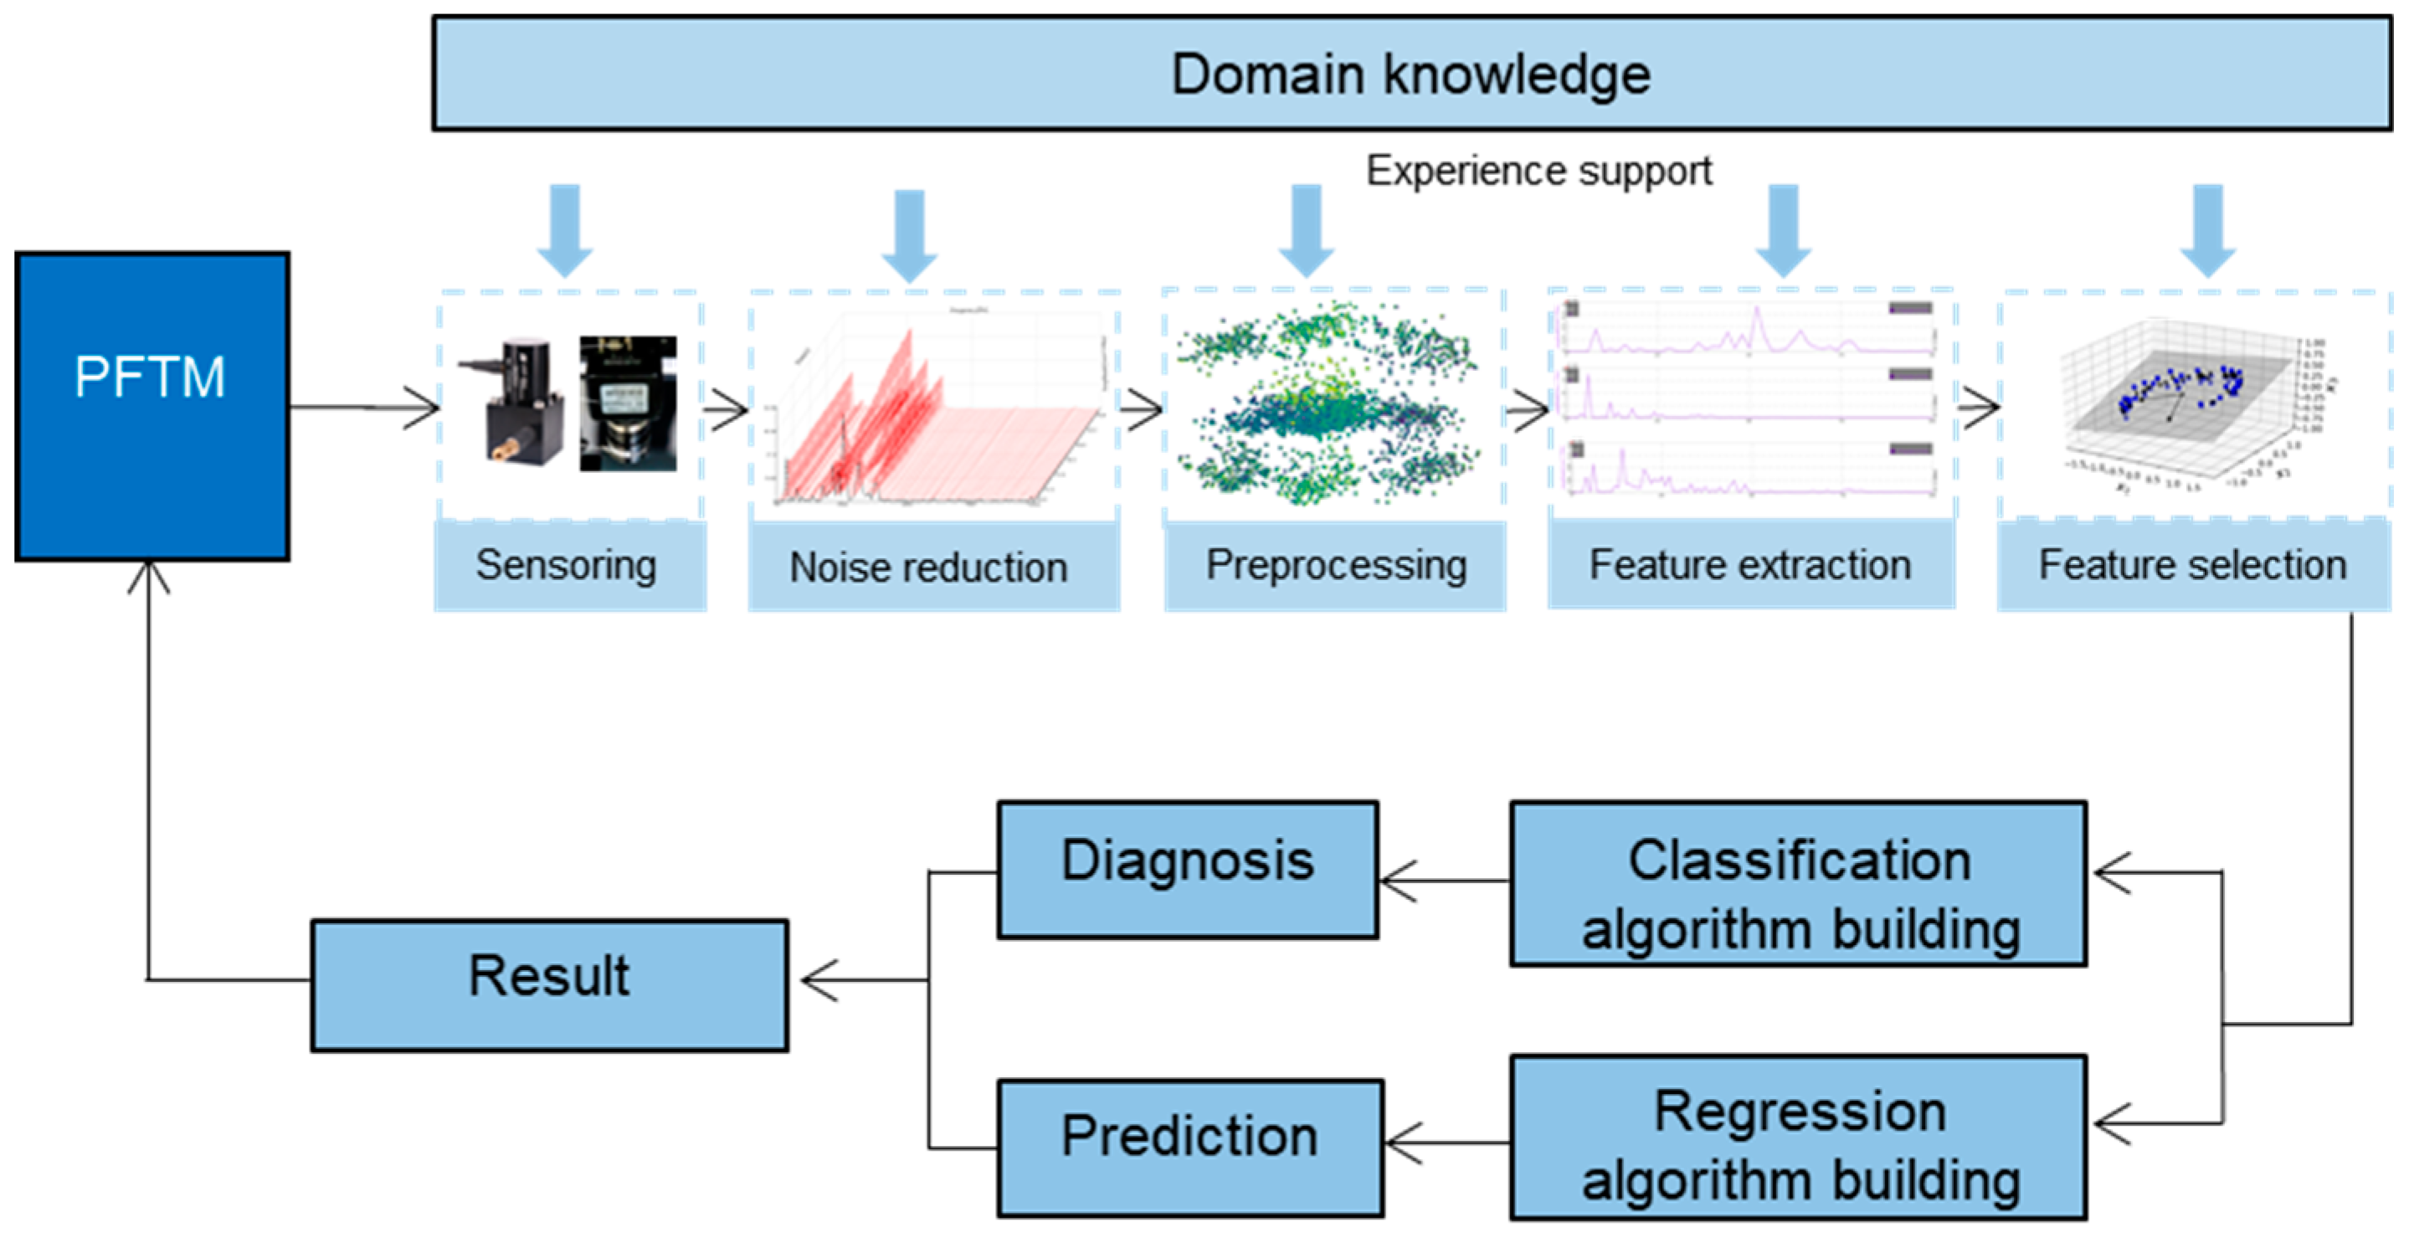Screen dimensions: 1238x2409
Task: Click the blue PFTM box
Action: tap(152, 406)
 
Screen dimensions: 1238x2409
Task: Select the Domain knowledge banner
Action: tap(1411, 74)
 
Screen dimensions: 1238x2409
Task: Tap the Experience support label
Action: tap(1538, 171)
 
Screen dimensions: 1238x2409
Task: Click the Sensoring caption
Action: tap(567, 566)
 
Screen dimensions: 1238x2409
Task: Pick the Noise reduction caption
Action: tap(928, 568)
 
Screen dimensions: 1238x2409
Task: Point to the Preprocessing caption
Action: tap(1335, 566)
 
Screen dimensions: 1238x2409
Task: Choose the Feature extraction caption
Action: tap(1749, 566)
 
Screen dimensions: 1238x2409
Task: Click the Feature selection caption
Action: tap(2192, 566)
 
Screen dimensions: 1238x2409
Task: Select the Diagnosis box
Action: tap(1188, 869)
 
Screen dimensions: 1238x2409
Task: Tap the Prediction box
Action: tap(1189, 1147)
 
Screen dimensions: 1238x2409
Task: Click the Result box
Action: tap(549, 984)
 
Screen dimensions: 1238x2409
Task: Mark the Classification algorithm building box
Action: tap(1797, 883)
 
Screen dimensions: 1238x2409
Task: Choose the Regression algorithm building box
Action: tap(1797, 1136)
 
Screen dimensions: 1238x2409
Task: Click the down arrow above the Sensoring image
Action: tap(565, 230)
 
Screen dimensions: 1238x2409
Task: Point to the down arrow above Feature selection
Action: tap(2207, 230)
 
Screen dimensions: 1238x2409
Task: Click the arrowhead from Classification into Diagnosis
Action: tap(1397, 881)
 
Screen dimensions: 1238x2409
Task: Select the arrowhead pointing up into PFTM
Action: tap(149, 576)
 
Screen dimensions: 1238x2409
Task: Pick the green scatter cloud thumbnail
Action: tap(1328, 404)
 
